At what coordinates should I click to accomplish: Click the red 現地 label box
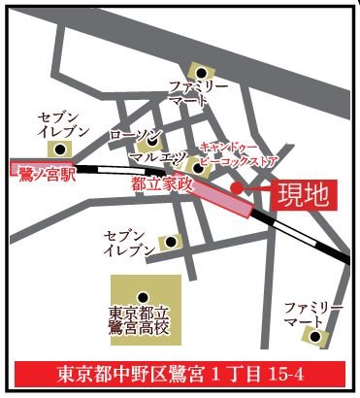tap(300, 193)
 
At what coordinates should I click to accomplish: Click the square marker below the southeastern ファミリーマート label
tap(313, 337)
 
